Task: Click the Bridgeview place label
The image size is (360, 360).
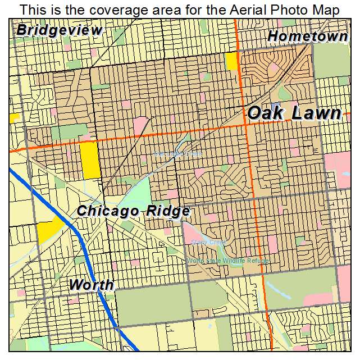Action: point(60,30)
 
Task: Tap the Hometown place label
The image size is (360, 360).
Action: point(307,37)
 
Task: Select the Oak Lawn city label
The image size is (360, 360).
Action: point(294,113)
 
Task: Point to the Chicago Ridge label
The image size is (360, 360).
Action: point(133,211)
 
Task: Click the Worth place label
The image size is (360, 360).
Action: point(92,285)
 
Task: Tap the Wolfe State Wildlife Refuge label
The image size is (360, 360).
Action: point(228,261)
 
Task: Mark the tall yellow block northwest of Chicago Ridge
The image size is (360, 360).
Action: point(90,161)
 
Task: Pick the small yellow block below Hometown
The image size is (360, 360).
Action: point(231,61)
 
